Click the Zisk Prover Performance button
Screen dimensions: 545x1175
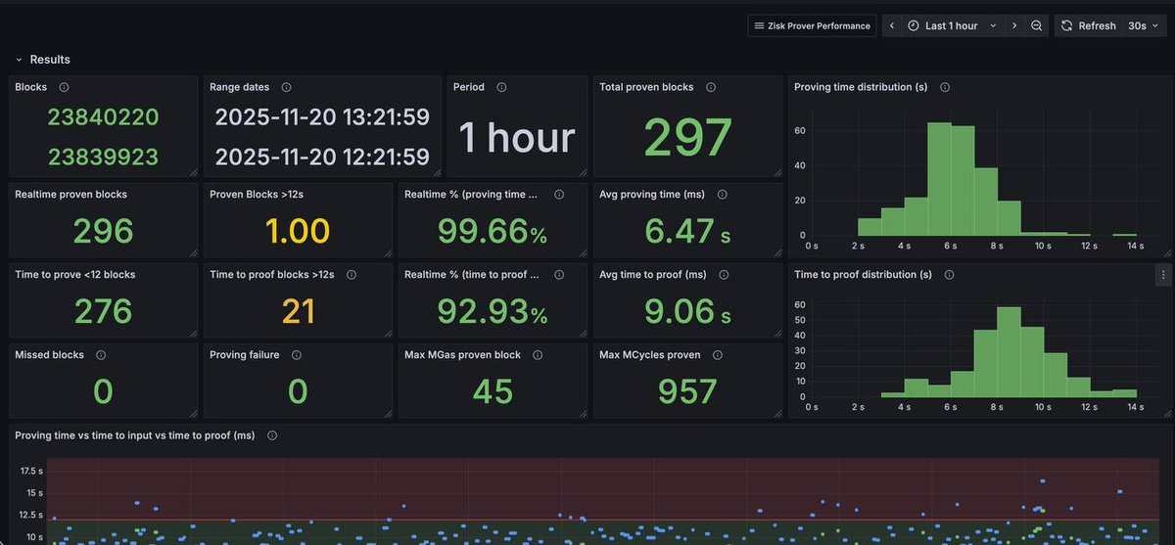(x=812, y=25)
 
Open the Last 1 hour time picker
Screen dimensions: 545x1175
(x=951, y=25)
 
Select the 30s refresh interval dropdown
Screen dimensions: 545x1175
(x=1142, y=25)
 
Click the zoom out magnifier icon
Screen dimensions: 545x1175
(x=1036, y=25)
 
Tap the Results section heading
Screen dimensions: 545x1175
(x=50, y=60)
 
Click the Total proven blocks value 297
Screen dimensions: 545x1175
(x=687, y=138)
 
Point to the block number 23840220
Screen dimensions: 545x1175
(x=103, y=117)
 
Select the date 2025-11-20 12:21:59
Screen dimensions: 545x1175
(x=321, y=157)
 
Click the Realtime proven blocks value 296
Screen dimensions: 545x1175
(x=103, y=231)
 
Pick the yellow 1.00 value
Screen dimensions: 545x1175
(x=298, y=231)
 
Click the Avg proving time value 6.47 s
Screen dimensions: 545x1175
(x=687, y=231)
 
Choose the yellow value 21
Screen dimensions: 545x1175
(x=298, y=311)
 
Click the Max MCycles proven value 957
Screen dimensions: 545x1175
(x=687, y=391)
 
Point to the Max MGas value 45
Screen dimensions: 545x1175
(x=493, y=391)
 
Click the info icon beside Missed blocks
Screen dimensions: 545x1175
(x=101, y=355)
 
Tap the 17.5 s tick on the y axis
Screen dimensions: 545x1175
(x=31, y=471)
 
